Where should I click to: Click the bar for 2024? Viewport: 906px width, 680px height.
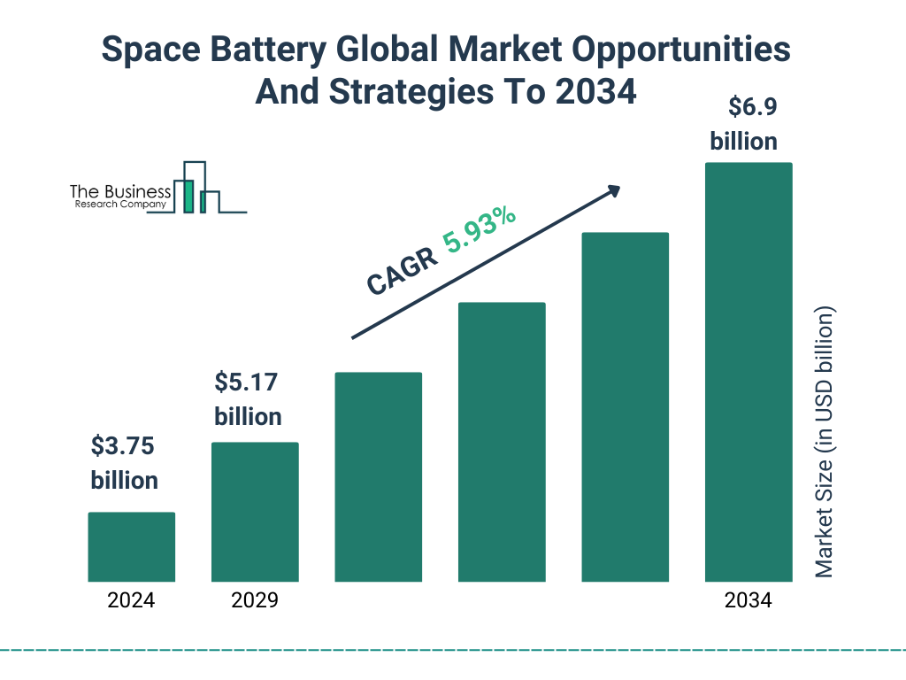(131, 546)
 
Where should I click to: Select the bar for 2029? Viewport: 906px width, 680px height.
(255, 512)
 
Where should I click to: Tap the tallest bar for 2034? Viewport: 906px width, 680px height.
(748, 372)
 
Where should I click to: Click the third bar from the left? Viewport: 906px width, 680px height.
(378, 476)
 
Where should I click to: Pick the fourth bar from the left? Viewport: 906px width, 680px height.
(502, 442)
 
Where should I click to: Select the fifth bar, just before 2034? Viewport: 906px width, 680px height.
(625, 406)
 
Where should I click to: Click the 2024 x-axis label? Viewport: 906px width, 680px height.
(131, 601)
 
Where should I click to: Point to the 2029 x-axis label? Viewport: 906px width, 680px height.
(255, 601)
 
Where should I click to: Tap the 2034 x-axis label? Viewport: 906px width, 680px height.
(748, 601)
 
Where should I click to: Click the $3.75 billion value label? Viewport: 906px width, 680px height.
(124, 463)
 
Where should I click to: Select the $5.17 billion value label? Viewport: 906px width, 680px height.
(248, 399)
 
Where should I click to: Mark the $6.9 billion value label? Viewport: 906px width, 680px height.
(743, 124)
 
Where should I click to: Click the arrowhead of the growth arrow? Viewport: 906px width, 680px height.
(612, 190)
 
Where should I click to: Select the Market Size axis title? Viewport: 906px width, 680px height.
(825, 443)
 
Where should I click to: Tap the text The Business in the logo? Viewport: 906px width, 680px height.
(120, 191)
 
